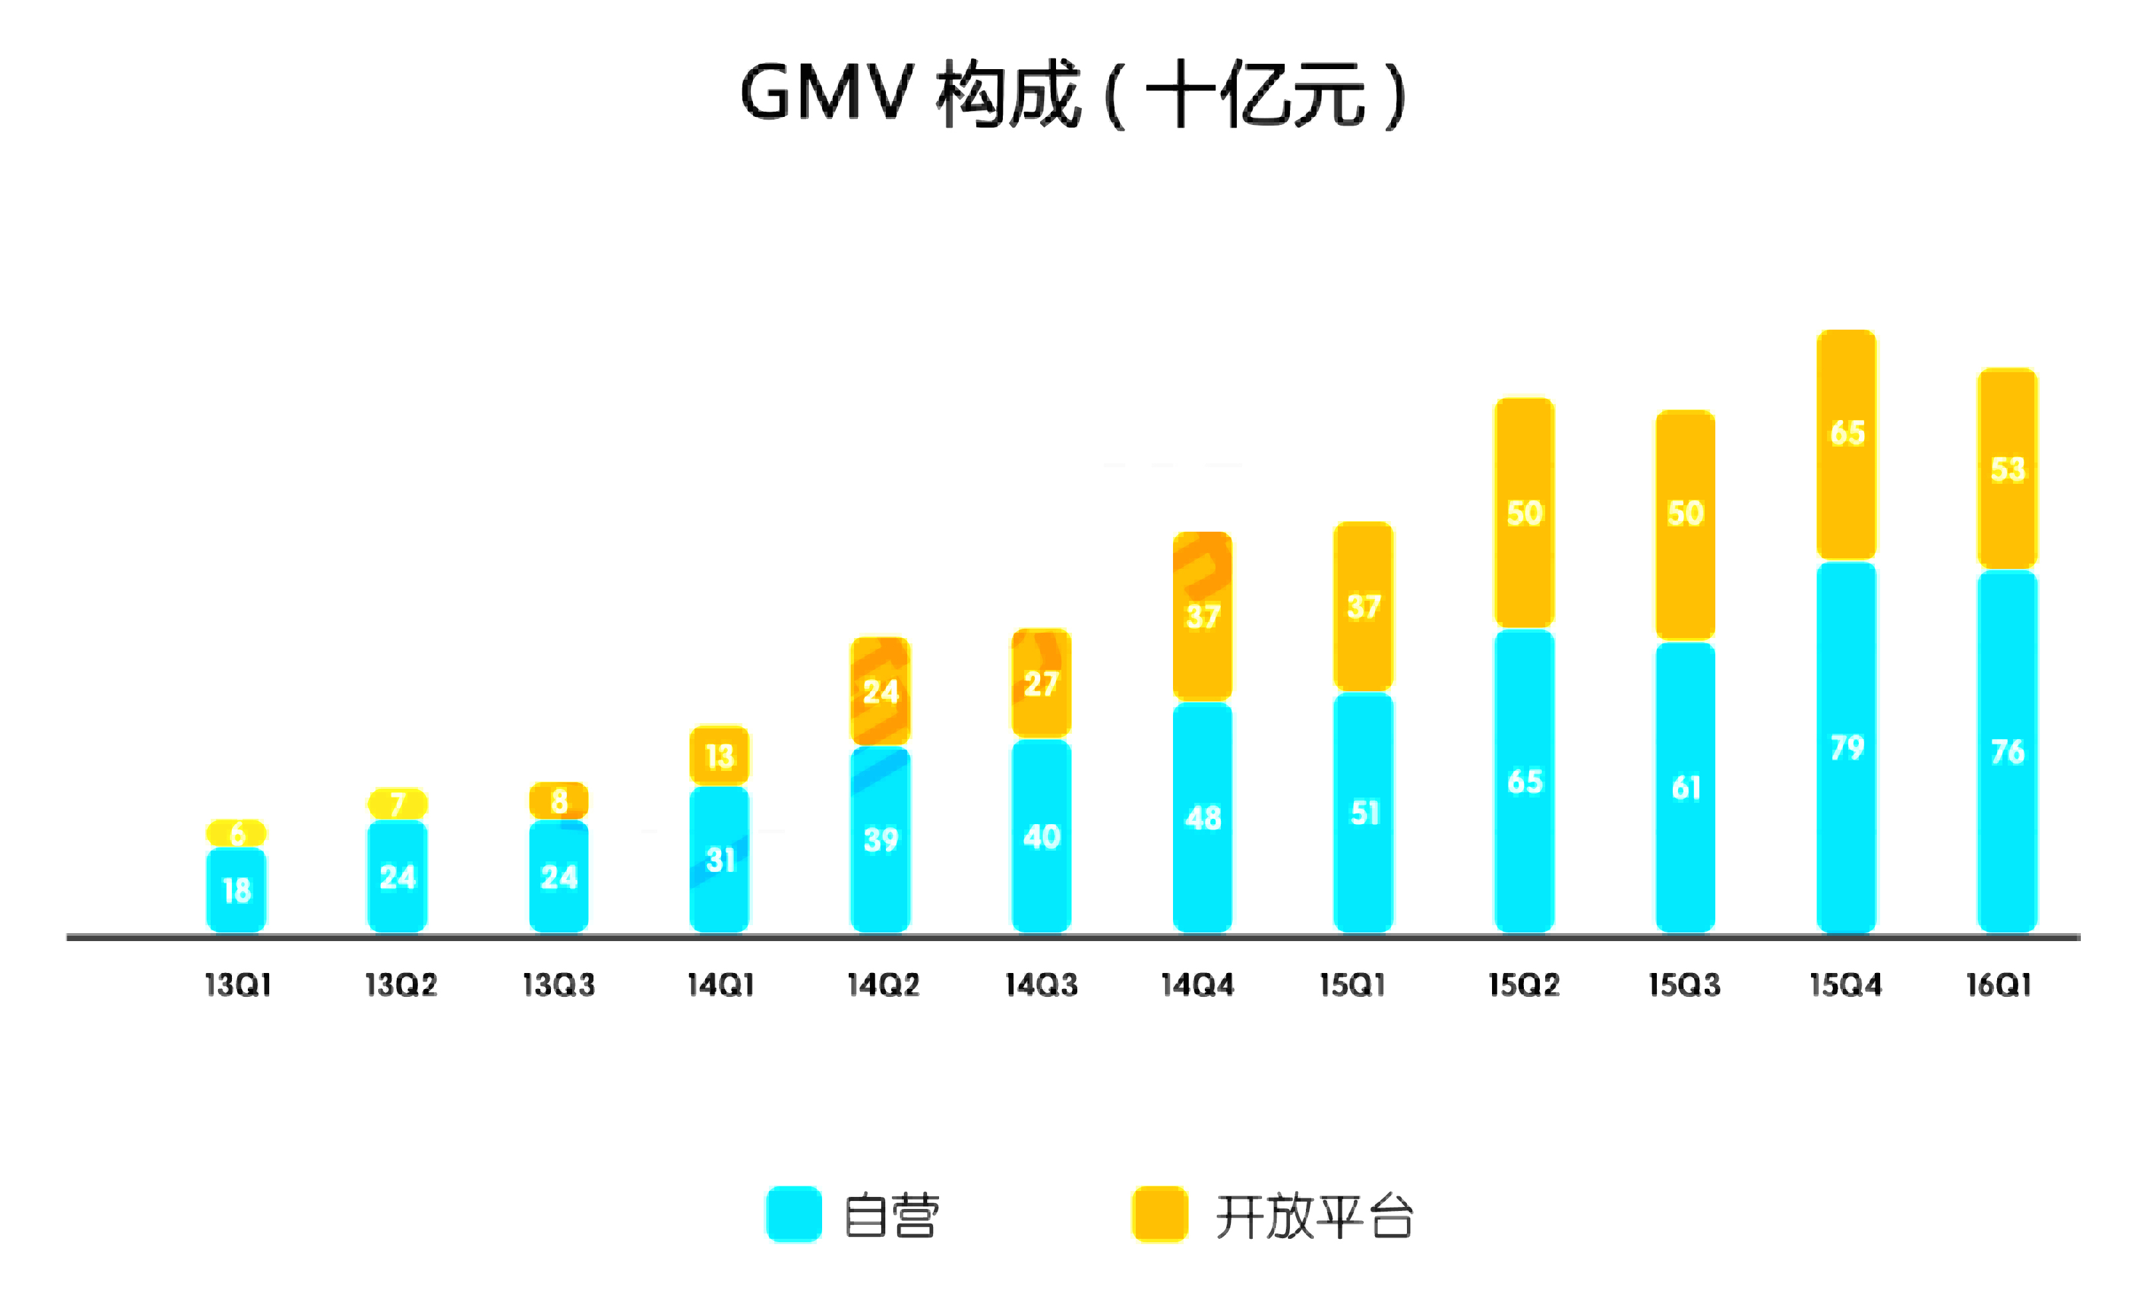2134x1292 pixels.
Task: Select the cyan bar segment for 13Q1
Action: point(237,890)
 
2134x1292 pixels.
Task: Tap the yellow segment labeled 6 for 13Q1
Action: point(237,833)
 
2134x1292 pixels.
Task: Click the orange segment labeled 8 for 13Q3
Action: point(559,801)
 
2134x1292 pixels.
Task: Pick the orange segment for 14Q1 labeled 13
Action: point(719,756)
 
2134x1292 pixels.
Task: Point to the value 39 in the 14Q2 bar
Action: point(881,839)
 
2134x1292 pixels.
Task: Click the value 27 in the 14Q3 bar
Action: point(1041,684)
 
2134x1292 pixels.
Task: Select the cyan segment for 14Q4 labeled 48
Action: point(1202,817)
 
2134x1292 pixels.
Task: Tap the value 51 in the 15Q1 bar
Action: point(1364,812)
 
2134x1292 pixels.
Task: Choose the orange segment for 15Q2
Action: point(1525,512)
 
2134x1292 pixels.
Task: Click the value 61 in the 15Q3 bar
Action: point(1685,787)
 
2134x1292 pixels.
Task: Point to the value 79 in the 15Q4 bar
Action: point(1846,747)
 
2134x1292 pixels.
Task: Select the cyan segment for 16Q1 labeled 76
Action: point(2008,751)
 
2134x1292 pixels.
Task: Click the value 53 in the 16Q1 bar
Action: point(2008,469)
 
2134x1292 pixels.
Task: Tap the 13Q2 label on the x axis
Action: point(400,984)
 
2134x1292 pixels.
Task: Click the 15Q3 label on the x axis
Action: point(1683,984)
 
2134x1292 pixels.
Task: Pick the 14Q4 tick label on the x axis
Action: point(1197,984)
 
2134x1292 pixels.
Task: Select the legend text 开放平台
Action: point(1314,1216)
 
